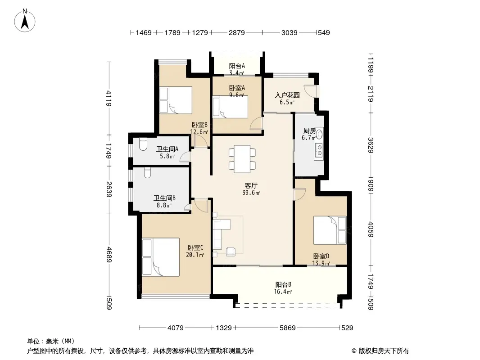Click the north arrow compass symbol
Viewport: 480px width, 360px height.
(25, 21)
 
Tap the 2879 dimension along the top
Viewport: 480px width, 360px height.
(237, 32)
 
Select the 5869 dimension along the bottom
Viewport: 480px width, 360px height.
(287, 328)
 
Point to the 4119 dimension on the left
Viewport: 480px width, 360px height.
(109, 98)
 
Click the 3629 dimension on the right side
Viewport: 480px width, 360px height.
(371, 145)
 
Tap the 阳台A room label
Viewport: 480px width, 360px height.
(237, 66)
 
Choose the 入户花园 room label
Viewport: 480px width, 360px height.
(287, 95)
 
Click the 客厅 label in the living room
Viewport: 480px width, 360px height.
(251, 186)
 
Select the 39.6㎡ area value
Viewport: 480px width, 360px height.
(251, 193)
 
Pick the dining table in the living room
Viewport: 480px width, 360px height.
(242, 159)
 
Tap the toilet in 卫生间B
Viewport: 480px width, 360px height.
(147, 172)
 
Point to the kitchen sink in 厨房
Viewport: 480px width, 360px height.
(320, 134)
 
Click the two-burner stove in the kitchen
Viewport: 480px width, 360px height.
(319, 150)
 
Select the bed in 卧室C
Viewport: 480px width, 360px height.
(161, 257)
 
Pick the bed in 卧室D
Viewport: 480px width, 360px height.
(330, 230)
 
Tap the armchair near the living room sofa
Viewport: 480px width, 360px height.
(231, 251)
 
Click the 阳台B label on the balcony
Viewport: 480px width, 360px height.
(283, 284)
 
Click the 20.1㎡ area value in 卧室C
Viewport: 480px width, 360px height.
(195, 255)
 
